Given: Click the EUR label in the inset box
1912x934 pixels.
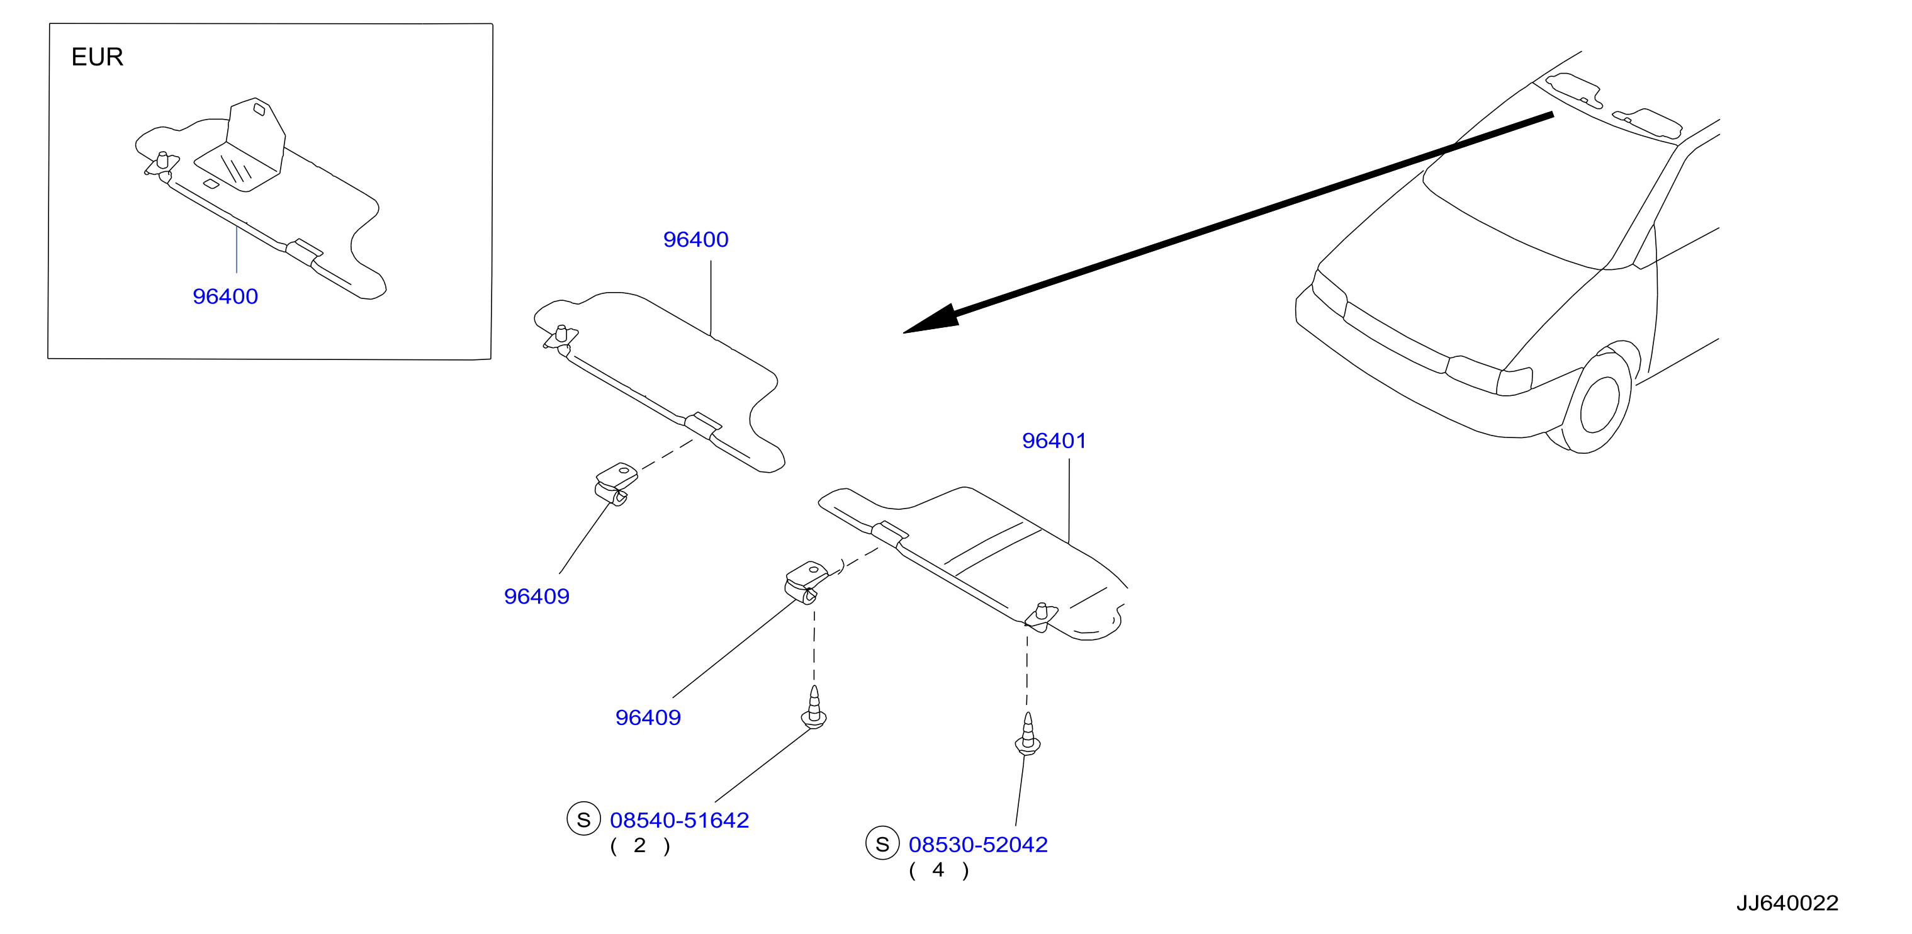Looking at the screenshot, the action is tap(97, 57).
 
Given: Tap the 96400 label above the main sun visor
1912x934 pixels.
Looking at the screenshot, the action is tap(695, 239).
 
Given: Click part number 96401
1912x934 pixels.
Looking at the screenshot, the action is tap(1054, 441).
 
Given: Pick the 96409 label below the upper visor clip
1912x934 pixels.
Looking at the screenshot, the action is tap(537, 596).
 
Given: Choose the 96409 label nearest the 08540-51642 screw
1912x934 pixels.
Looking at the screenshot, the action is tap(648, 717).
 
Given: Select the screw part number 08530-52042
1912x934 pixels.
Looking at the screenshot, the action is tap(978, 844).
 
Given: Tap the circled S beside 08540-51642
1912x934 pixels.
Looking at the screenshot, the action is tap(583, 819).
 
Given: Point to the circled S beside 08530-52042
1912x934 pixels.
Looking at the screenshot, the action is tap(882, 843).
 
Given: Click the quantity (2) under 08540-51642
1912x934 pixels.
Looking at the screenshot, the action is tap(640, 846).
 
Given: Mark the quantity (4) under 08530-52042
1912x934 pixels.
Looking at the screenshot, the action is tap(939, 870).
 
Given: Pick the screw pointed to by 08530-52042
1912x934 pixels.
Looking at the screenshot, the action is tap(1028, 734).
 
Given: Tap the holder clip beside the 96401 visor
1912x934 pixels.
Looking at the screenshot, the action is tap(806, 583).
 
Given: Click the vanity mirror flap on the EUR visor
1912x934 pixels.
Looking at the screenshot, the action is tap(245, 147).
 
